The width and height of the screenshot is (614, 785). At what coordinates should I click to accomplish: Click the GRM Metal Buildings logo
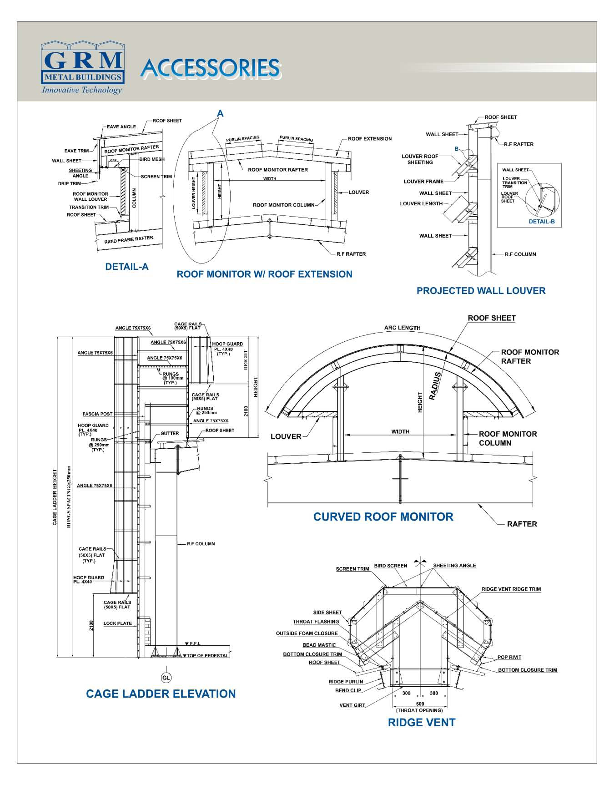pyautogui.click(x=82, y=67)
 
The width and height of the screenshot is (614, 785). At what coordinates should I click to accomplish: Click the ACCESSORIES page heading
pyautogui.click(x=210, y=68)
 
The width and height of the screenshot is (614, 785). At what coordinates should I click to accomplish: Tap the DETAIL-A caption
pyautogui.click(x=127, y=267)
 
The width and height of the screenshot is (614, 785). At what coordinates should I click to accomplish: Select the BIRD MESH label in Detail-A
pyautogui.click(x=152, y=159)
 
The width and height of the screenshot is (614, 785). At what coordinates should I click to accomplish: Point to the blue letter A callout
pyautogui.click(x=220, y=113)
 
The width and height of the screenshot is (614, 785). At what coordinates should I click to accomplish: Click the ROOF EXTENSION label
pyautogui.click(x=369, y=139)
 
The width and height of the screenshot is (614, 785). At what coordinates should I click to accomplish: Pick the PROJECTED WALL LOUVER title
pyautogui.click(x=481, y=291)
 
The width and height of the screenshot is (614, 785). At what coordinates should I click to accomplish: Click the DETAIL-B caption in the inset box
pyautogui.click(x=541, y=222)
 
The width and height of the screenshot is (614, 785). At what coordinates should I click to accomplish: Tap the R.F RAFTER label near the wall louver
pyautogui.click(x=518, y=144)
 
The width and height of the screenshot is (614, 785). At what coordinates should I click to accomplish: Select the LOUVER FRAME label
pyautogui.click(x=423, y=182)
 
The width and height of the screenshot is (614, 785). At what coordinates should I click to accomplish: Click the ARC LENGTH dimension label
pyautogui.click(x=402, y=328)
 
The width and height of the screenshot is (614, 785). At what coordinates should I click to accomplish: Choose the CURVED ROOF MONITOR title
pyautogui.click(x=383, y=517)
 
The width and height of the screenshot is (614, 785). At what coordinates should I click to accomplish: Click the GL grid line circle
pyautogui.click(x=166, y=678)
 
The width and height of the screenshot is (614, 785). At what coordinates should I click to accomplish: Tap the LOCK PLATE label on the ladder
pyautogui.click(x=117, y=623)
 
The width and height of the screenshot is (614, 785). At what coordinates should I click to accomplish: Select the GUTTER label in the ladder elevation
pyautogui.click(x=170, y=433)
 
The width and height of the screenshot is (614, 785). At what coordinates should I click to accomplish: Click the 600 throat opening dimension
pyautogui.click(x=420, y=704)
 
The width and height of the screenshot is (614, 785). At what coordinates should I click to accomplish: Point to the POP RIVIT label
pyautogui.click(x=509, y=657)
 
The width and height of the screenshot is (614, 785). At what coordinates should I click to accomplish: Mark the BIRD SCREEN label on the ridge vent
pyautogui.click(x=390, y=566)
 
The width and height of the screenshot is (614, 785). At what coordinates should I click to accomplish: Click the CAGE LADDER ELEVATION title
pyautogui.click(x=161, y=694)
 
